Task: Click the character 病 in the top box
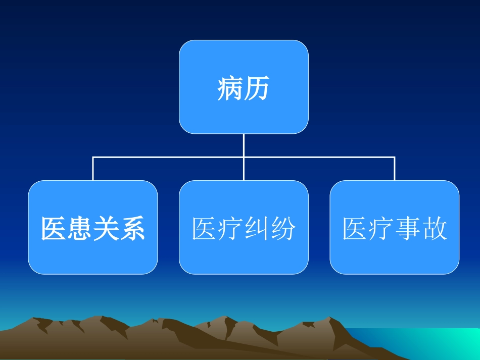point(230,88)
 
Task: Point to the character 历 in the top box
point(257,88)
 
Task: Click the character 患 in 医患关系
point(80,229)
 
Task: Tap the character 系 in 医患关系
point(132,229)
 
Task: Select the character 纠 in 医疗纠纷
point(257,229)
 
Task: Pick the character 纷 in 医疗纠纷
point(283,229)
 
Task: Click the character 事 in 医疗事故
point(408,229)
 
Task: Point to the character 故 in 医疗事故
point(434,229)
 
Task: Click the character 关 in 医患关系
point(106,229)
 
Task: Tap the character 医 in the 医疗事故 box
point(355,229)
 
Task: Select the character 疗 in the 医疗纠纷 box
point(230,229)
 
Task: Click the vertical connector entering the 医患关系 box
point(92,169)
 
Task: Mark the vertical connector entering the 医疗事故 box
point(395,169)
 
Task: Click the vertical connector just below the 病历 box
point(244,145)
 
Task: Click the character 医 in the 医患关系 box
point(54,229)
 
